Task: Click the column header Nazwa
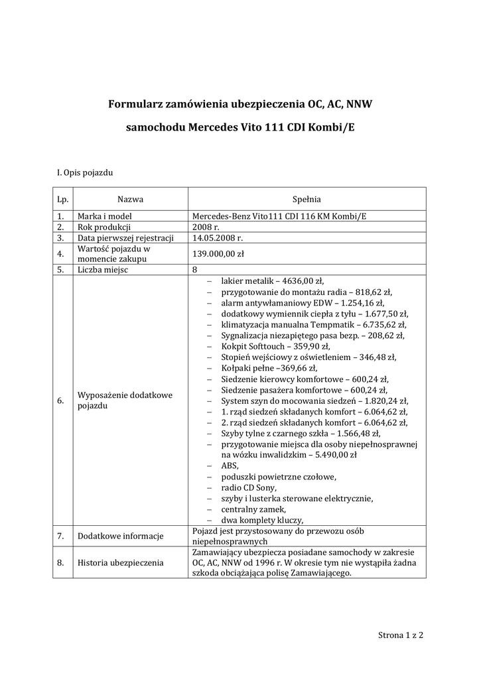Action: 130,198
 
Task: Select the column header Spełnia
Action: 307,198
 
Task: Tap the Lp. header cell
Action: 63,198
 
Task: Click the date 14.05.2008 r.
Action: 218,237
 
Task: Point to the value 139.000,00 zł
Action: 218,253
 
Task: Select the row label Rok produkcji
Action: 104,227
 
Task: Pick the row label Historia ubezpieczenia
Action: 120,563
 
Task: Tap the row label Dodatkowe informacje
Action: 121,536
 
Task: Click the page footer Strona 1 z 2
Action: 401,635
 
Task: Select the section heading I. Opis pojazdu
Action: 85,173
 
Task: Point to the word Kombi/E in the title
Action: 334,126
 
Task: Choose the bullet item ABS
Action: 230,465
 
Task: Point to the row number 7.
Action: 60,536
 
